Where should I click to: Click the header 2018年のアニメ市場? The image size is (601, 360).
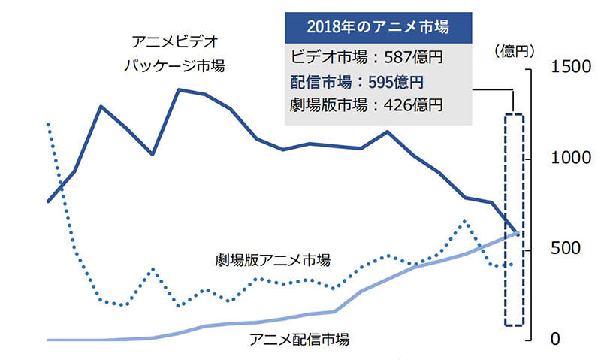378,28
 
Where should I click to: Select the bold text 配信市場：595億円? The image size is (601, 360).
358,81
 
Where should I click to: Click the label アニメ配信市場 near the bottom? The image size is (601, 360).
299,339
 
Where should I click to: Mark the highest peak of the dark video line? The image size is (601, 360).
179,89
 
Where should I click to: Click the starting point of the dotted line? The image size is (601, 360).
48,123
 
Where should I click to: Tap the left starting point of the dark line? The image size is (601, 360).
48,201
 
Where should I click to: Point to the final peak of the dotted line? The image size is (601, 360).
465,221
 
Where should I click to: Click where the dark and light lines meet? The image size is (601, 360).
515,233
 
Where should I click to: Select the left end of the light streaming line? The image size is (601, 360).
48,340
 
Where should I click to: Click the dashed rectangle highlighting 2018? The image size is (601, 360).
513,219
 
